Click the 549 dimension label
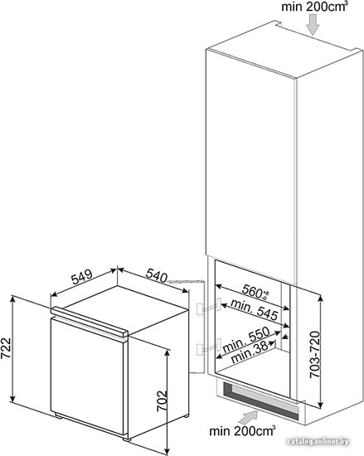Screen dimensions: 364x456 point(82,277)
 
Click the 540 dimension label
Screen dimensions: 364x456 point(157,276)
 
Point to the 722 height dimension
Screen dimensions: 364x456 point(6,348)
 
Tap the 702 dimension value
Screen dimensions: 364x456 point(162,400)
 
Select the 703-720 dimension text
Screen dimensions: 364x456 point(314,354)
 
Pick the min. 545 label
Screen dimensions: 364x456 point(255,309)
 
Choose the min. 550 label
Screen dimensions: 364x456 point(246,340)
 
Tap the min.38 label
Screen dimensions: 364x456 point(249,352)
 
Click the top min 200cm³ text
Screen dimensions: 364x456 point(314,7)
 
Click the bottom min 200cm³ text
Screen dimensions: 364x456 point(242,430)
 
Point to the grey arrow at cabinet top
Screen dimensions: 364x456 point(313,26)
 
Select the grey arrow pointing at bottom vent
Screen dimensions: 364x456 point(248,417)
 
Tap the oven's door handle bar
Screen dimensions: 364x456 point(90,322)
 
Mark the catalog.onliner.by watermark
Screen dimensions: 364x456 point(318,442)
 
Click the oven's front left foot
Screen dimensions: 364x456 point(59,416)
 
